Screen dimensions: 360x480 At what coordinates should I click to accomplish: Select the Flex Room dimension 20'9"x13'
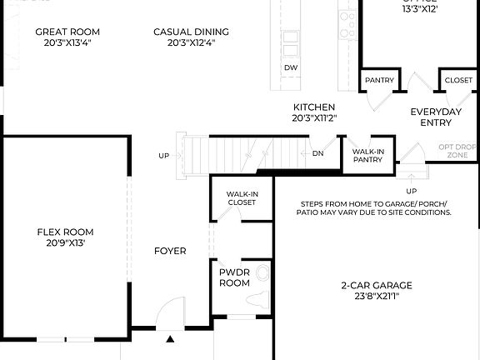65,243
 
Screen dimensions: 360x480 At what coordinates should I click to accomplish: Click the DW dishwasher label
290,67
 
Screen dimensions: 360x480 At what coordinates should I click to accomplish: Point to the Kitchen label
314,107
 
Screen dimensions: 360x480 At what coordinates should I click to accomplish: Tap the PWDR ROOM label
234,277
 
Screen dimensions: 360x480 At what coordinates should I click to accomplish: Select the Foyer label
170,251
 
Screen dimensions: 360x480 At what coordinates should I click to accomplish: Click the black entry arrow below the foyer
170,339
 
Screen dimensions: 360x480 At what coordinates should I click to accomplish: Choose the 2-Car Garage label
376,285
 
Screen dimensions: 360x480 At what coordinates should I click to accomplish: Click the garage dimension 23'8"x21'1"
376,296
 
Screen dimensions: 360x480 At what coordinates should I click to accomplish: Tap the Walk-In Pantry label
367,157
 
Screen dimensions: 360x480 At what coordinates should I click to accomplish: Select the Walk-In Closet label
241,197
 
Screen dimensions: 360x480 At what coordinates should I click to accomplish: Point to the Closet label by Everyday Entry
457,80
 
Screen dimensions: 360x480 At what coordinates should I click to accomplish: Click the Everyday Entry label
436,117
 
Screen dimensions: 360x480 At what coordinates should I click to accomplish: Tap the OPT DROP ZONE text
457,151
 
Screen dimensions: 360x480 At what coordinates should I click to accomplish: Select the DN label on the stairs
317,153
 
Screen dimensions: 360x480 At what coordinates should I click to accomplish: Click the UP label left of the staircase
164,156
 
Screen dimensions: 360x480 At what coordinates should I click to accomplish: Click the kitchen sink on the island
291,42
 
